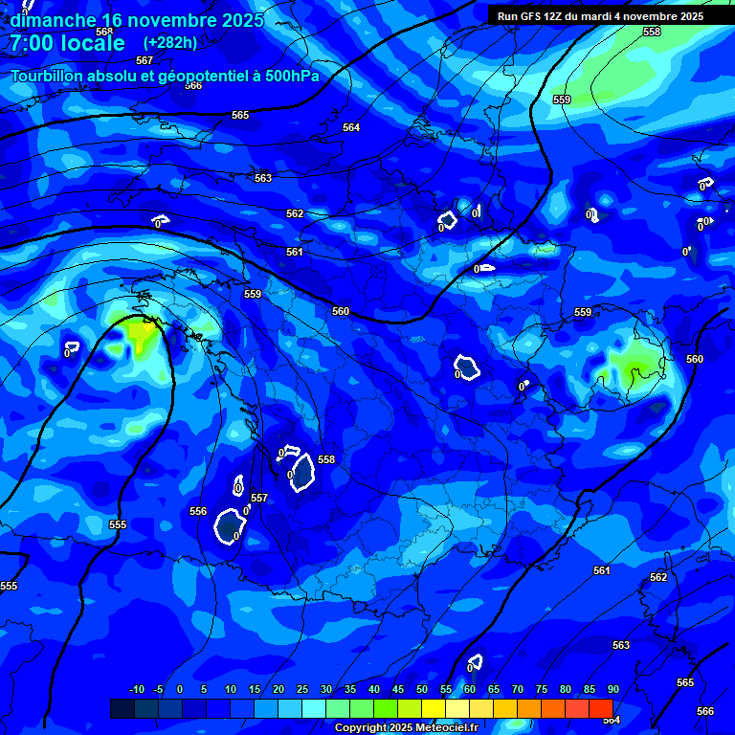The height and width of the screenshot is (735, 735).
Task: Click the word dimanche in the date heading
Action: [53, 20]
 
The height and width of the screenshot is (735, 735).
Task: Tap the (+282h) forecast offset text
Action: [170, 42]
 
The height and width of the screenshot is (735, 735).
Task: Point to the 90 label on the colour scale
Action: [612, 689]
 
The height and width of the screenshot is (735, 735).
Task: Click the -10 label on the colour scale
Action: [137, 689]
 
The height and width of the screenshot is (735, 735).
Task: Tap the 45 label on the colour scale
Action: [397, 689]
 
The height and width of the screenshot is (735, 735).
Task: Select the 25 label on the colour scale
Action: [301, 689]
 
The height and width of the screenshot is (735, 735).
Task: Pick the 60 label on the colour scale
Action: [469, 689]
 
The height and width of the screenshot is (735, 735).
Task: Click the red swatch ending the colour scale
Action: [600, 708]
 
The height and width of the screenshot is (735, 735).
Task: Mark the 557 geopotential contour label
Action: [259, 498]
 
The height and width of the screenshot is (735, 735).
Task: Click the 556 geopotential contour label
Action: [198, 511]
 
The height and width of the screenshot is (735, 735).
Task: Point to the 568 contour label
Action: [104, 31]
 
